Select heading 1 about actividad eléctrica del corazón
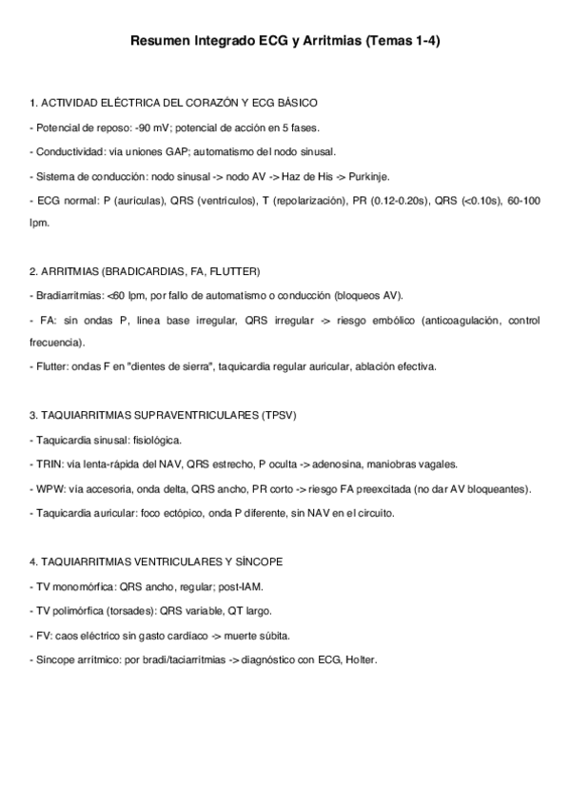(173, 102)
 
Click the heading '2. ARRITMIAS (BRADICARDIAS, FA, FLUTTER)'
(145, 271)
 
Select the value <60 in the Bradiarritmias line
(117, 296)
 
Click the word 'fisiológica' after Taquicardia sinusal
(155, 440)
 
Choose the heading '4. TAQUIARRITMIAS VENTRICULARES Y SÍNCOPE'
(156, 562)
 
